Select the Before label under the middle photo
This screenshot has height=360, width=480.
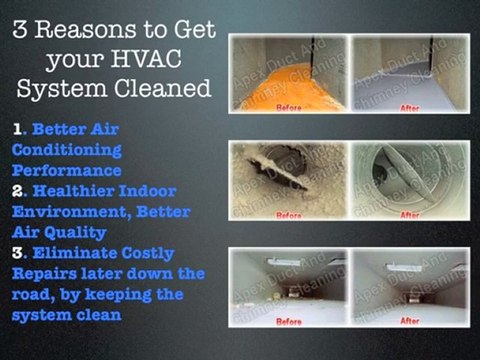[x=289, y=215]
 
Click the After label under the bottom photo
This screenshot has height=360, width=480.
[x=408, y=321]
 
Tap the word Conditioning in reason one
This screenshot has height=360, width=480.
[x=66, y=150]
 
